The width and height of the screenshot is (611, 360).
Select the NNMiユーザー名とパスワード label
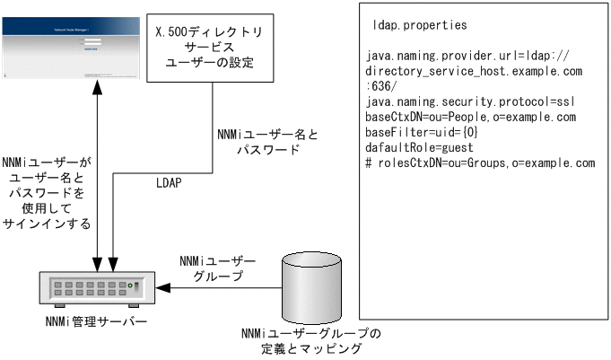pyautogui.click(x=267, y=142)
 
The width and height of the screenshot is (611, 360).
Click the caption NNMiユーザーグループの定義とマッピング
pyautogui.click(x=310, y=340)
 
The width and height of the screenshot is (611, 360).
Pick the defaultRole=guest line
pyautogui.click(x=419, y=148)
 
